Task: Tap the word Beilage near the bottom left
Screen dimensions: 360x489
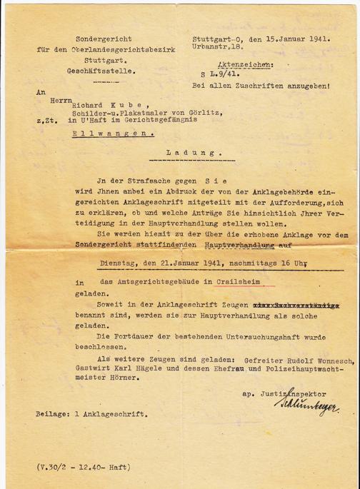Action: point(52,413)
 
